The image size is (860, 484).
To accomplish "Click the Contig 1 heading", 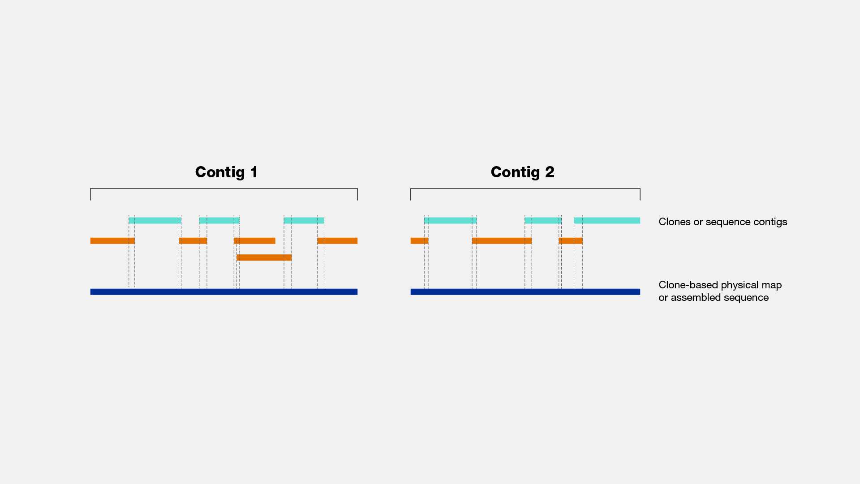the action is point(227,172).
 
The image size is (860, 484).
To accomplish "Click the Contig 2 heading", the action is point(523,172).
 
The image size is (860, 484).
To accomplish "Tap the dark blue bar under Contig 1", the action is point(224,292).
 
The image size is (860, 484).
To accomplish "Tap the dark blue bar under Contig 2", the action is point(525,292).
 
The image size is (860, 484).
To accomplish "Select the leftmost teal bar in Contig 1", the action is point(155,220).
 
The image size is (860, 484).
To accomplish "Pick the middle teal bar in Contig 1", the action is point(219,220).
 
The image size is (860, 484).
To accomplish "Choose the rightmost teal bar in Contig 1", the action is point(304,220).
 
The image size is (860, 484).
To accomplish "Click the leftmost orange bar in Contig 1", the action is point(112,241).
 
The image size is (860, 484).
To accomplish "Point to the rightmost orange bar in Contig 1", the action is point(337,241).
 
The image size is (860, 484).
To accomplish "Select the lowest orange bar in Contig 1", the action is point(264,257).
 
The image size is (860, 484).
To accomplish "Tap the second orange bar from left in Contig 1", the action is point(193,241).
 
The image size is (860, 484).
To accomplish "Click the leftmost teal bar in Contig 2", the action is point(450,220).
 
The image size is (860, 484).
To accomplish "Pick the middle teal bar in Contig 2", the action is point(543,220).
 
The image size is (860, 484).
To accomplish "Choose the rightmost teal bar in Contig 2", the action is point(607,220).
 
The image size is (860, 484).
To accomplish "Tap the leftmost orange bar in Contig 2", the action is point(420,241).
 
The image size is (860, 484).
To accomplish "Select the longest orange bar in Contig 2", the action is point(502,241).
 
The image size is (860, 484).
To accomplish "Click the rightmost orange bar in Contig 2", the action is point(571,241).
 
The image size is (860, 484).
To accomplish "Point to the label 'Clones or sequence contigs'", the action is point(723,222).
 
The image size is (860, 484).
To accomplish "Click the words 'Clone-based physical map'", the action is point(720,285).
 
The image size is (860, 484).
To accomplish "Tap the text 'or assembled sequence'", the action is point(714,297).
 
